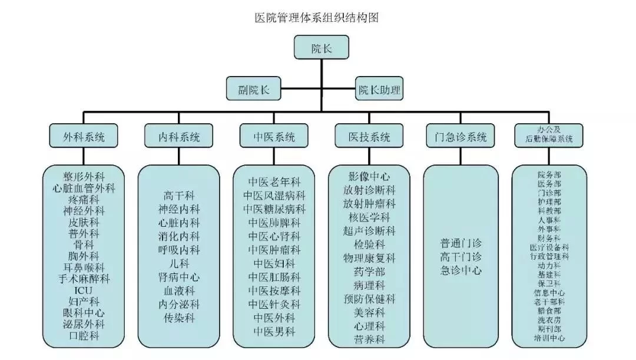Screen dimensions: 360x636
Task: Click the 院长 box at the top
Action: pyautogui.click(x=321, y=48)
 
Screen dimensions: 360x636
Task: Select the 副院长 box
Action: pyautogui.click(x=254, y=90)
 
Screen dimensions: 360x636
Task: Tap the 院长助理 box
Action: pyautogui.click(x=380, y=90)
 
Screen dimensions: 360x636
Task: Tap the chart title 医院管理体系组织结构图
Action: pyautogui.click(x=316, y=18)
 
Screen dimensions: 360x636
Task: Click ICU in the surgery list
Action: pyautogui.click(x=83, y=290)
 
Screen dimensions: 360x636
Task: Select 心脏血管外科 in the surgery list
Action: pyautogui.click(x=83, y=188)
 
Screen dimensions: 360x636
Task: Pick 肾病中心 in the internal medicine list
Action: pyautogui.click(x=179, y=277)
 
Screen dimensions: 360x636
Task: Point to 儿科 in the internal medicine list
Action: pyautogui.click(x=179, y=263)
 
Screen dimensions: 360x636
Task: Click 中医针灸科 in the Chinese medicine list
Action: pyautogui.click(x=274, y=305)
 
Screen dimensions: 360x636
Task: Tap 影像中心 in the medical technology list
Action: pyautogui.click(x=369, y=176)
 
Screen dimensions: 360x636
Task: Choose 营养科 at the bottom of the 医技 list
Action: pyautogui.click(x=369, y=339)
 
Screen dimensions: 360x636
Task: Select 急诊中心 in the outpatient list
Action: pyautogui.click(x=461, y=270)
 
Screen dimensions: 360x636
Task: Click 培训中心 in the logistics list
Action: pyautogui.click(x=549, y=338)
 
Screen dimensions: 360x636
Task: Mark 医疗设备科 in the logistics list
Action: pyautogui.click(x=549, y=247)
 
